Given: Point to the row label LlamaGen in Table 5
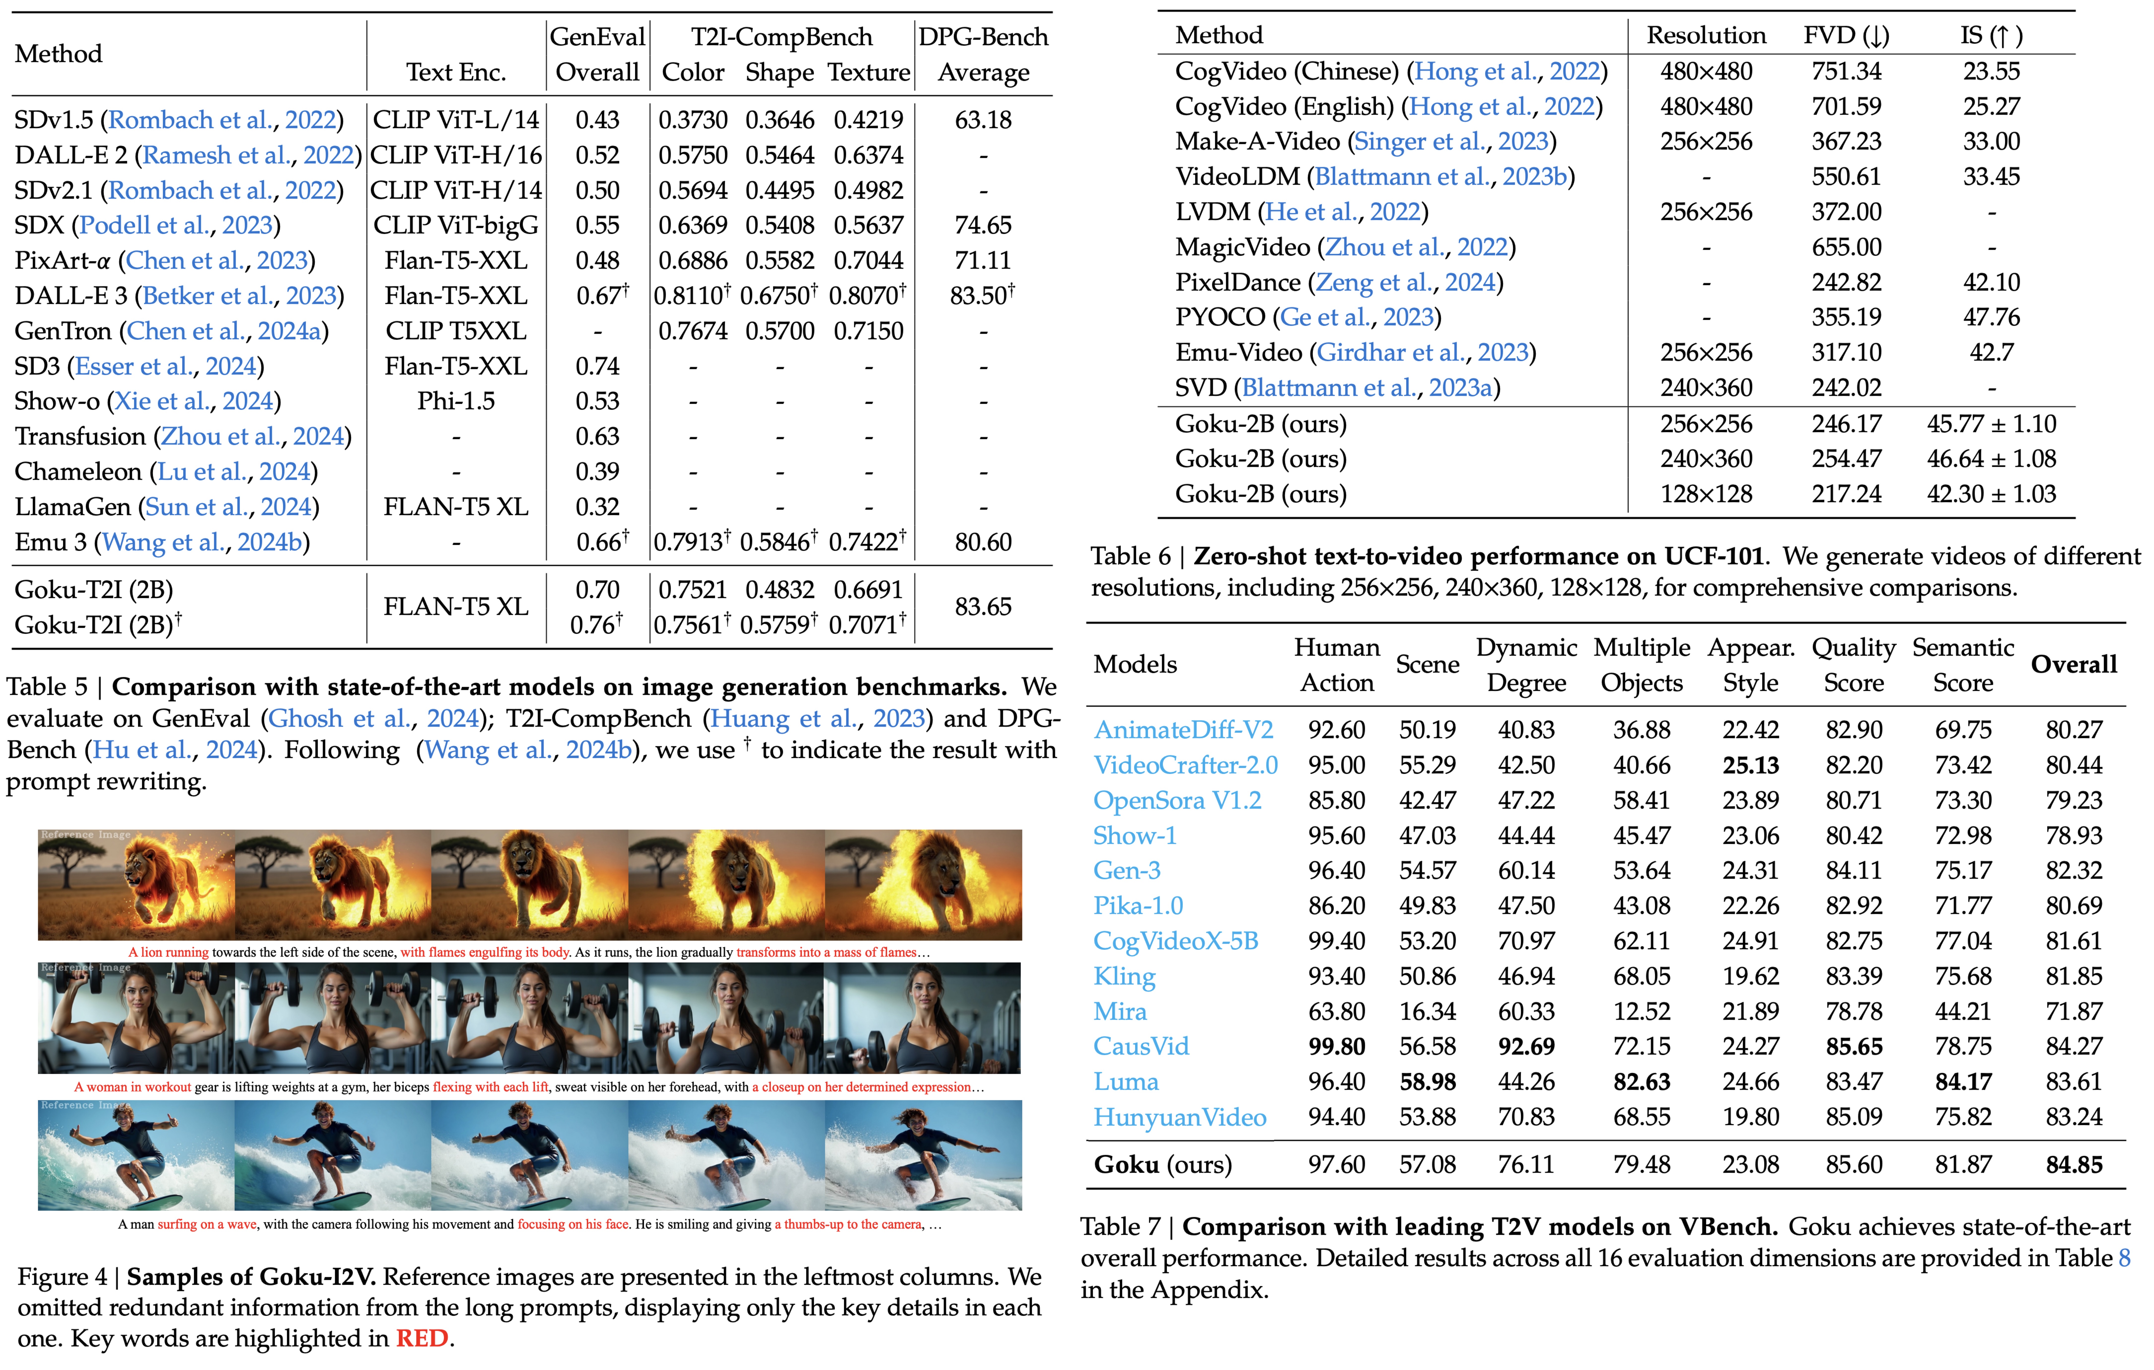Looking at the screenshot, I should coord(73,506).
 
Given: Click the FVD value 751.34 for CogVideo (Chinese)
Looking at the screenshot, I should coord(1846,72).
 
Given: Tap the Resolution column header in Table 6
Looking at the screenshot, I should coord(1706,36).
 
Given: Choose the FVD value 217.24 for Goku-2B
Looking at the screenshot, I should coord(1846,494).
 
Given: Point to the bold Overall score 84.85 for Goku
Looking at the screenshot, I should coord(2074,1164).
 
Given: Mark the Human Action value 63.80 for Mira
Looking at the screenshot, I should coord(1336,1011).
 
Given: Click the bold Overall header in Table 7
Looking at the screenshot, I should coord(2074,664).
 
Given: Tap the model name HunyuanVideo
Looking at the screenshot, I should coord(1179,1117).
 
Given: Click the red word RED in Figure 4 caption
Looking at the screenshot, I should coord(422,1338).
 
